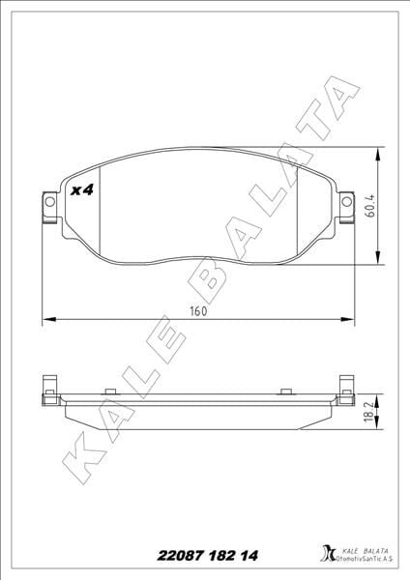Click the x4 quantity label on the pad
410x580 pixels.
pyautogui.click(x=82, y=190)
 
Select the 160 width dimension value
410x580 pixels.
pyautogui.click(x=198, y=311)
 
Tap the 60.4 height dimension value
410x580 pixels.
pyautogui.click(x=369, y=206)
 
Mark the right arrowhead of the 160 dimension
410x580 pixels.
pyautogui.click(x=344, y=320)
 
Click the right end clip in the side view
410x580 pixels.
pyautogui.click(x=342, y=391)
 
